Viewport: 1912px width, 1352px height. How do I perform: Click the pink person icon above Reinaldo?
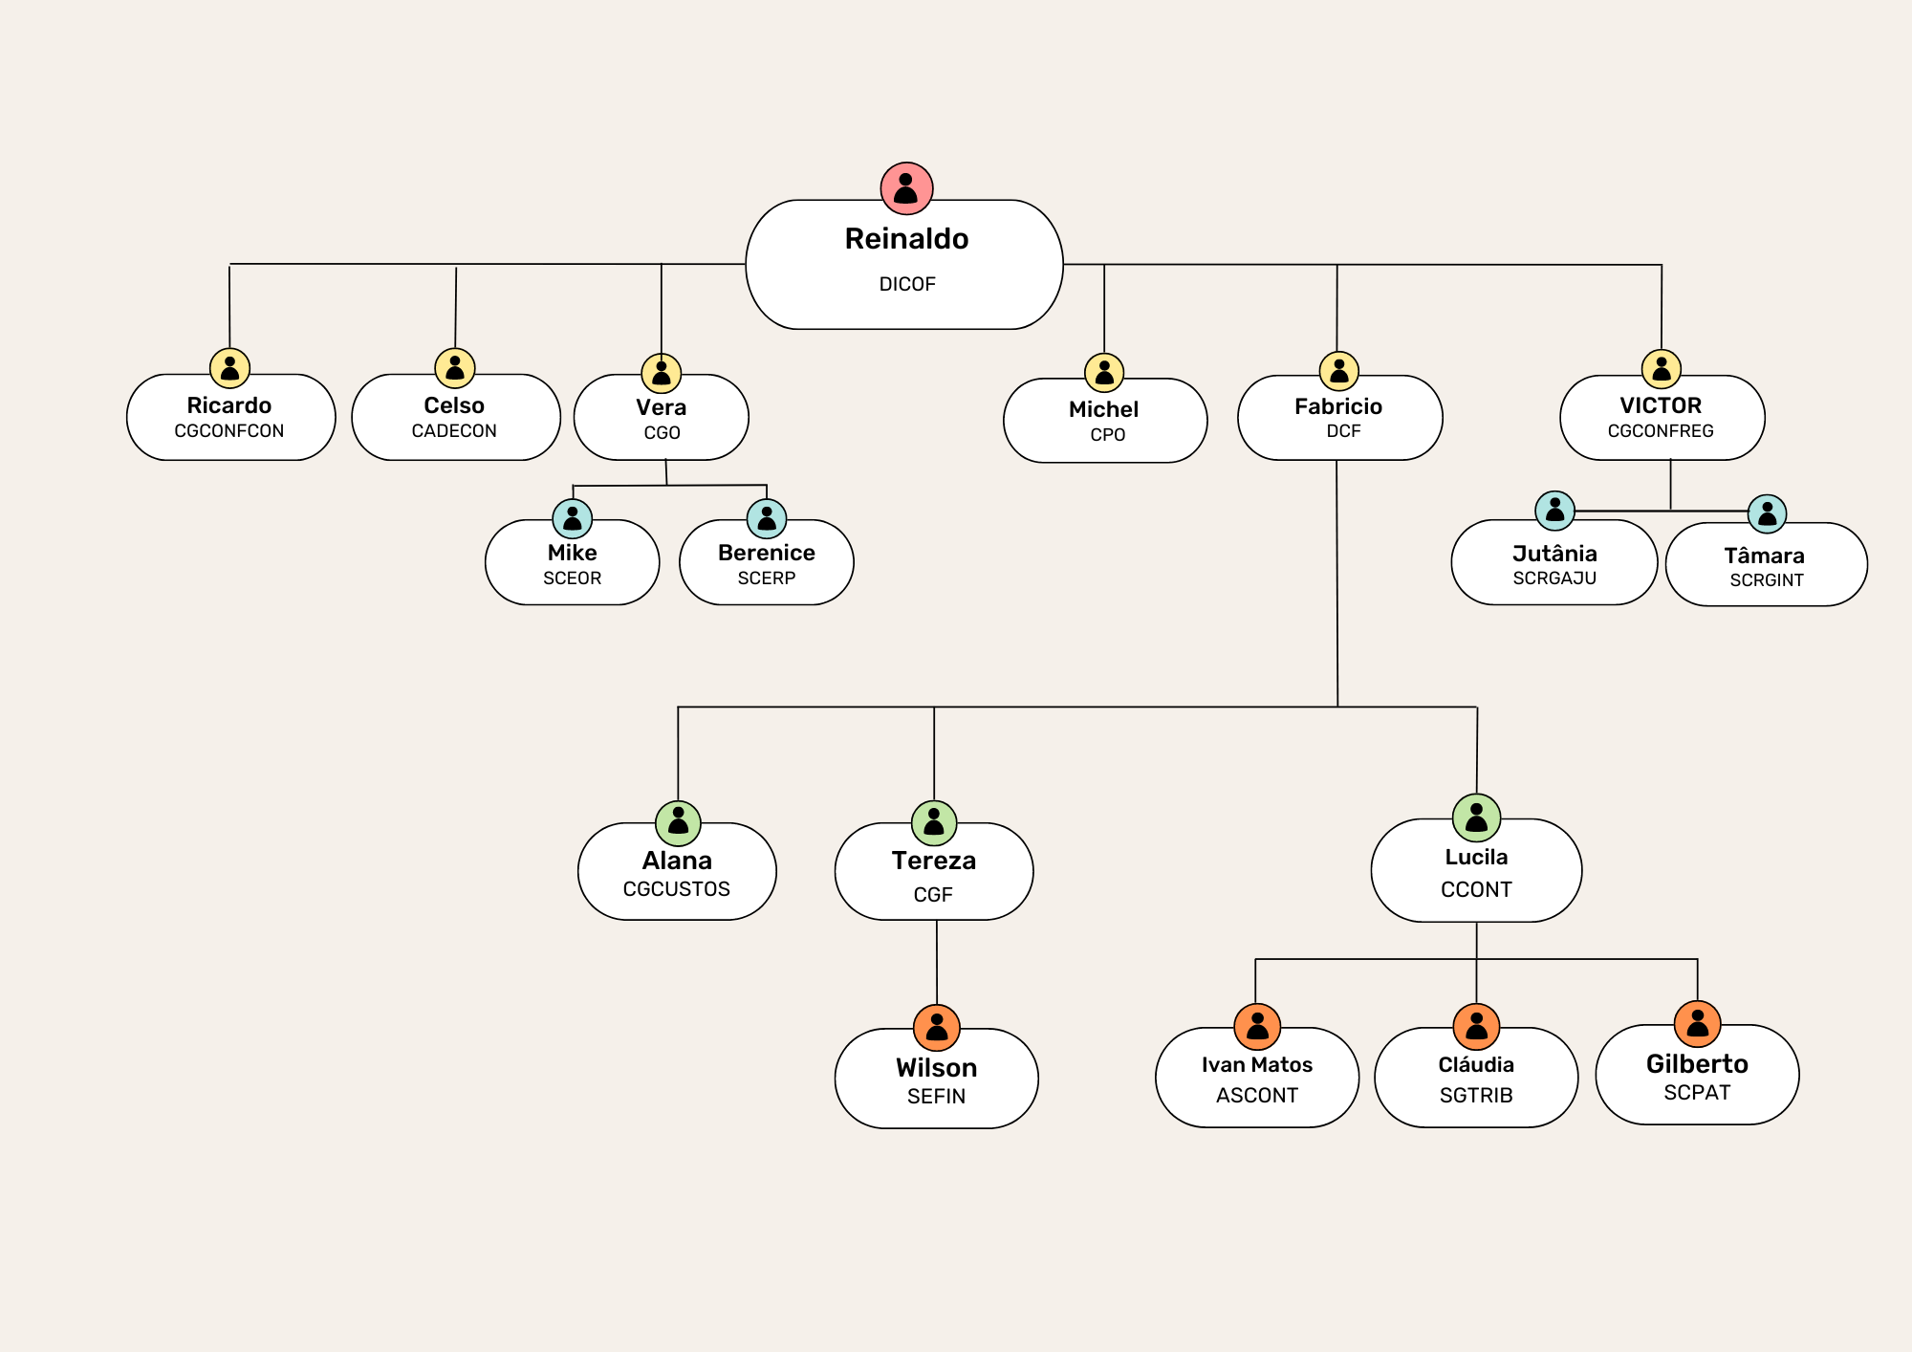[906, 188]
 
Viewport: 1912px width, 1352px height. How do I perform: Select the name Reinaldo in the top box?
[906, 239]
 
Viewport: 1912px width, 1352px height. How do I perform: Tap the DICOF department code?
[907, 284]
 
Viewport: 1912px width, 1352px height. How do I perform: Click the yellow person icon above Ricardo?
[229, 368]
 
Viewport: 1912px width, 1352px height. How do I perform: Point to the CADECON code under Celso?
[454, 431]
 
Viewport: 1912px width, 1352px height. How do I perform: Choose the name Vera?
[661, 407]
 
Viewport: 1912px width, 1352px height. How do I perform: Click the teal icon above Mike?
[573, 519]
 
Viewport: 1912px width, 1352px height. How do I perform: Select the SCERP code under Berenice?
[766, 578]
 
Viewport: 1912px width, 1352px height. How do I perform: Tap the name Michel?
[1103, 409]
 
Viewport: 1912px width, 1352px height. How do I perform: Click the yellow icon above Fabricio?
[1338, 371]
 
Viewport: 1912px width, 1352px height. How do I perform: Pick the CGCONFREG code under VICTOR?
[1661, 431]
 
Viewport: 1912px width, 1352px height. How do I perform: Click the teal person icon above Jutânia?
[1554, 511]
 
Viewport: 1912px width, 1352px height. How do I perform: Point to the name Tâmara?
[1764, 556]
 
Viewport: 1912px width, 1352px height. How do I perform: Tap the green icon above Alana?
[678, 823]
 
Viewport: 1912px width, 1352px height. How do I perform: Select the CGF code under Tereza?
[933, 895]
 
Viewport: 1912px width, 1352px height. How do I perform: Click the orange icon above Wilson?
[937, 1028]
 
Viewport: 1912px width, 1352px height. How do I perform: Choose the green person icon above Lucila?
[1476, 818]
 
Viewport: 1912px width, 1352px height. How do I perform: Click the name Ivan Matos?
[1256, 1065]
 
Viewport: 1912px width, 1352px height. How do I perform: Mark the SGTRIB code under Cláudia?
[1476, 1096]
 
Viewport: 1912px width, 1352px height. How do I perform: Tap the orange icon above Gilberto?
[1697, 1024]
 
